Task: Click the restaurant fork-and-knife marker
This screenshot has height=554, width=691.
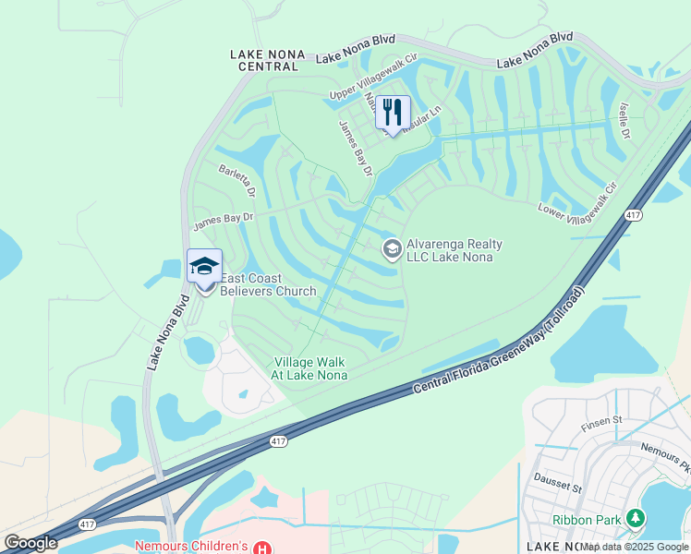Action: point(393,113)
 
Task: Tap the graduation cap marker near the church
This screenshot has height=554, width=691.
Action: point(204,267)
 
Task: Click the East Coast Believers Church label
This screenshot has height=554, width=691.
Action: point(268,284)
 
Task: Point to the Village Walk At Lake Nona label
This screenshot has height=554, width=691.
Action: point(309,368)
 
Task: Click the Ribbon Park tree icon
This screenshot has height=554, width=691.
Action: point(635,519)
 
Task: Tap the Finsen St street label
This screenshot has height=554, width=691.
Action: point(602,425)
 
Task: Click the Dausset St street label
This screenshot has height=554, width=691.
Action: point(558,483)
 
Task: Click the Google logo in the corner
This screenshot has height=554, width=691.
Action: point(30,543)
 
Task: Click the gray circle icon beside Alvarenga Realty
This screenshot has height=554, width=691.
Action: point(392,249)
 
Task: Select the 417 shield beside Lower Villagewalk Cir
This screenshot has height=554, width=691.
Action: point(633,215)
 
